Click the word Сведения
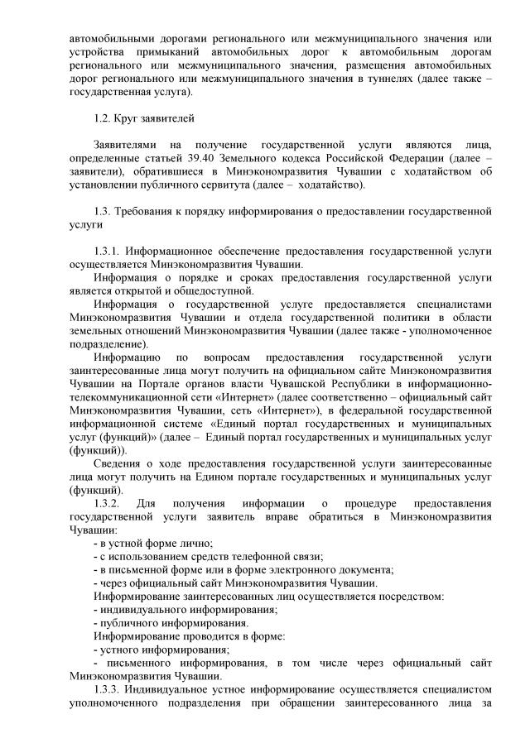click(118, 463)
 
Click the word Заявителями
click(128, 144)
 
